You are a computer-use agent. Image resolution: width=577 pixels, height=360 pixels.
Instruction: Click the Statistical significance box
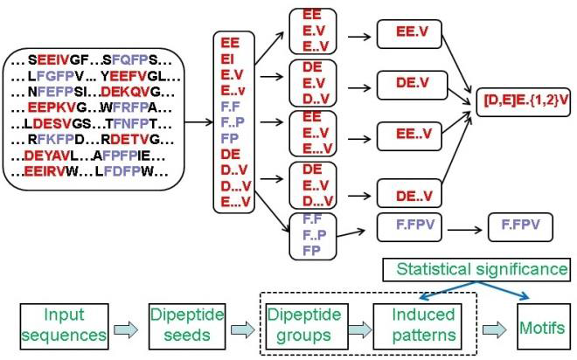tap(476, 269)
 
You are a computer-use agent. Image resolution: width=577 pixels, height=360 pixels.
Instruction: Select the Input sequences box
tap(64, 326)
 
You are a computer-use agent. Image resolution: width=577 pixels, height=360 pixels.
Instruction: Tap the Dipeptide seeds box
tap(187, 326)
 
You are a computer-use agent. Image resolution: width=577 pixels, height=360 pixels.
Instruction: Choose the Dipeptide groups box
tap(307, 326)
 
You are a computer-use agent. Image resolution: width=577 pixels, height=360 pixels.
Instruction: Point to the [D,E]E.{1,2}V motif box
tap(524, 102)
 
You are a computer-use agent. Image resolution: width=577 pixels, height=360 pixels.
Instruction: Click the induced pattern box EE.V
tap(409, 34)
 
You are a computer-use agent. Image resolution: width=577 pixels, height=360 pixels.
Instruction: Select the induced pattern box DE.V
tap(412, 86)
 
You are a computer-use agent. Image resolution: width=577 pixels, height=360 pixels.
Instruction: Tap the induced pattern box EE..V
tap(409, 136)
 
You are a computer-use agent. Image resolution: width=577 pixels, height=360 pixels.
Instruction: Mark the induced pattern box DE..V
tap(409, 193)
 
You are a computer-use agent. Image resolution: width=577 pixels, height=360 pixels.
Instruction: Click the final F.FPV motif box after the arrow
tap(520, 227)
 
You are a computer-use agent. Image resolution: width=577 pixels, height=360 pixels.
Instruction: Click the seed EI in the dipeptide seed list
tap(227, 59)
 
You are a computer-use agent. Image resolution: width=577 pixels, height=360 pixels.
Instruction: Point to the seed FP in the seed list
tap(230, 138)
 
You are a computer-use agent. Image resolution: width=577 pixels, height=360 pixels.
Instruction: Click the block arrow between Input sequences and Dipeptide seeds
tap(126, 329)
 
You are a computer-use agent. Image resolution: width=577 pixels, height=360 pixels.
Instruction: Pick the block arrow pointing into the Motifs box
tap(495, 329)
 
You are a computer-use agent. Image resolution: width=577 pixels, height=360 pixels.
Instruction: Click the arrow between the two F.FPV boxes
tap(465, 230)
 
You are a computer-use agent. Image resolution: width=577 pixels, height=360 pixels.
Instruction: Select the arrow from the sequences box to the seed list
tap(198, 122)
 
